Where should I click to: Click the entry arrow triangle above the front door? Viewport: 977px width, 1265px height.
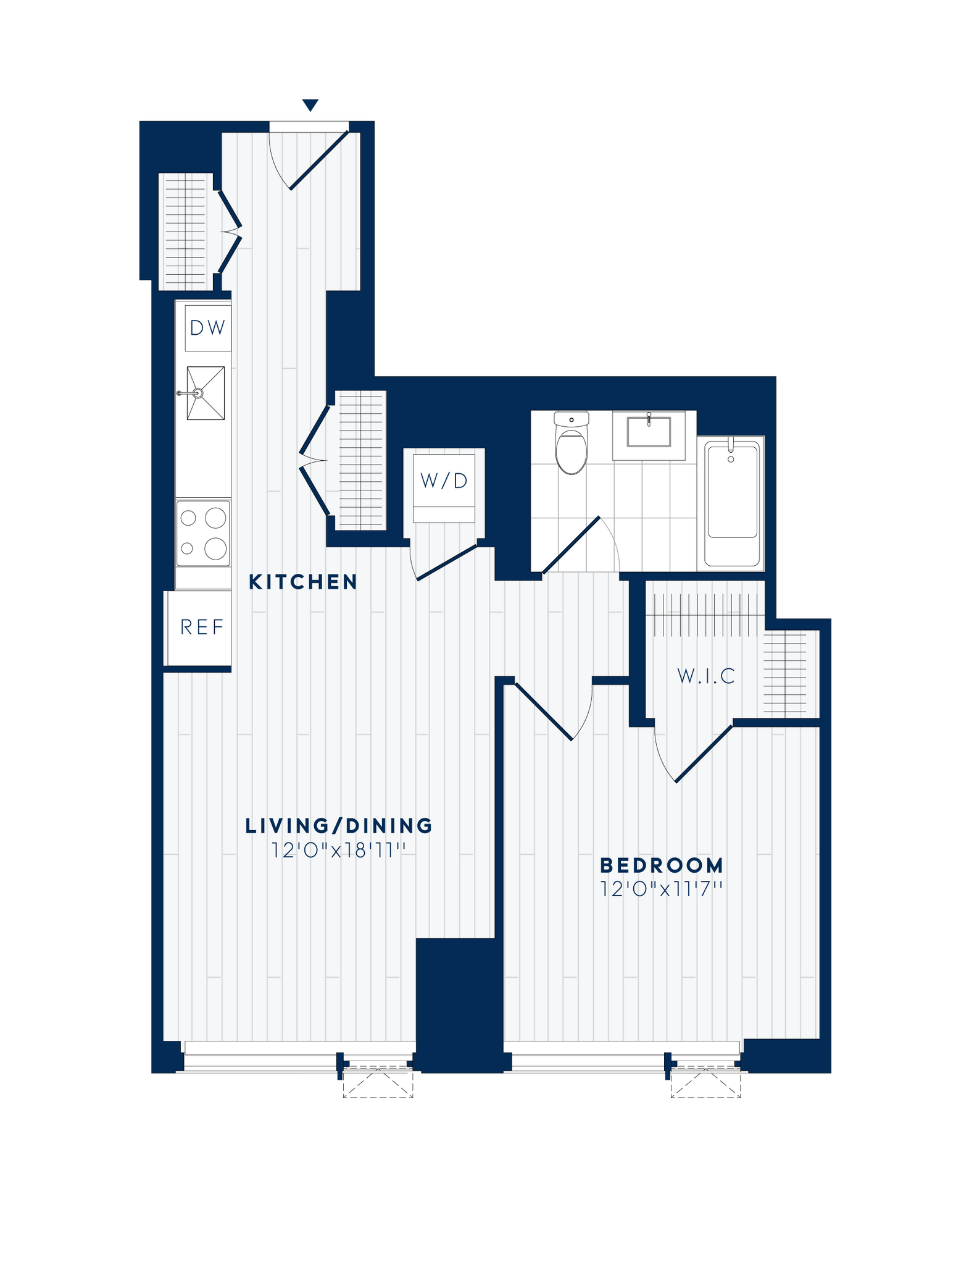[310, 105]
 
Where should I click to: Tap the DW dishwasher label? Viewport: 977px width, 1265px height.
[207, 328]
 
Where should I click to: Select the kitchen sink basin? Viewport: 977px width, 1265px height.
[206, 393]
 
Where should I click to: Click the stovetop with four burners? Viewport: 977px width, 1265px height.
[203, 533]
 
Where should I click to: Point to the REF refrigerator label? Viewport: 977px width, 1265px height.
[202, 628]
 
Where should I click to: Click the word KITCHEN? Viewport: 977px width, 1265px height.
[303, 582]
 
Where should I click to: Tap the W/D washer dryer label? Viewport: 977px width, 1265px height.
[444, 481]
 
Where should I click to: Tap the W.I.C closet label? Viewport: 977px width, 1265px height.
[706, 676]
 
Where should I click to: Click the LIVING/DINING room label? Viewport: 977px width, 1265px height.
[339, 826]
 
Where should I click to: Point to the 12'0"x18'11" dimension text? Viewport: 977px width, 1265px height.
[338, 851]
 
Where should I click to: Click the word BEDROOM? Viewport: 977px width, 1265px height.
[662, 865]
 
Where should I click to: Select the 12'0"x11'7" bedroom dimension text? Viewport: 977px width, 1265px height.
[662, 889]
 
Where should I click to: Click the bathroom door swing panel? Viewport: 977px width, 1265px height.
[572, 544]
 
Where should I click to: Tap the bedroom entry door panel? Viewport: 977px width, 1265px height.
[543, 710]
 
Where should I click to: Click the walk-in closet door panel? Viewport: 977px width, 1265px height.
[704, 754]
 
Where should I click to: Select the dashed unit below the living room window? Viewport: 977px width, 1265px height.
[378, 1084]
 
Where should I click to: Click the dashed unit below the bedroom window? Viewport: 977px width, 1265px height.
[706, 1084]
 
